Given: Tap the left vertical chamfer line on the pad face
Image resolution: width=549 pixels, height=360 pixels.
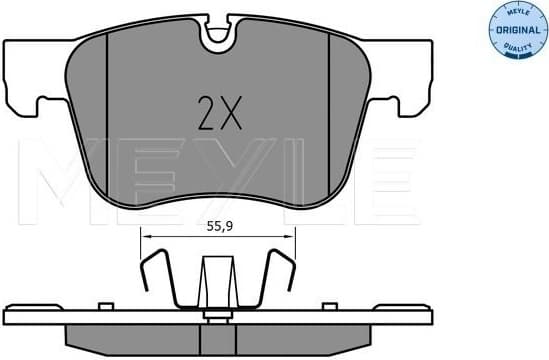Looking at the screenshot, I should pyautogui.click(x=108, y=110).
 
